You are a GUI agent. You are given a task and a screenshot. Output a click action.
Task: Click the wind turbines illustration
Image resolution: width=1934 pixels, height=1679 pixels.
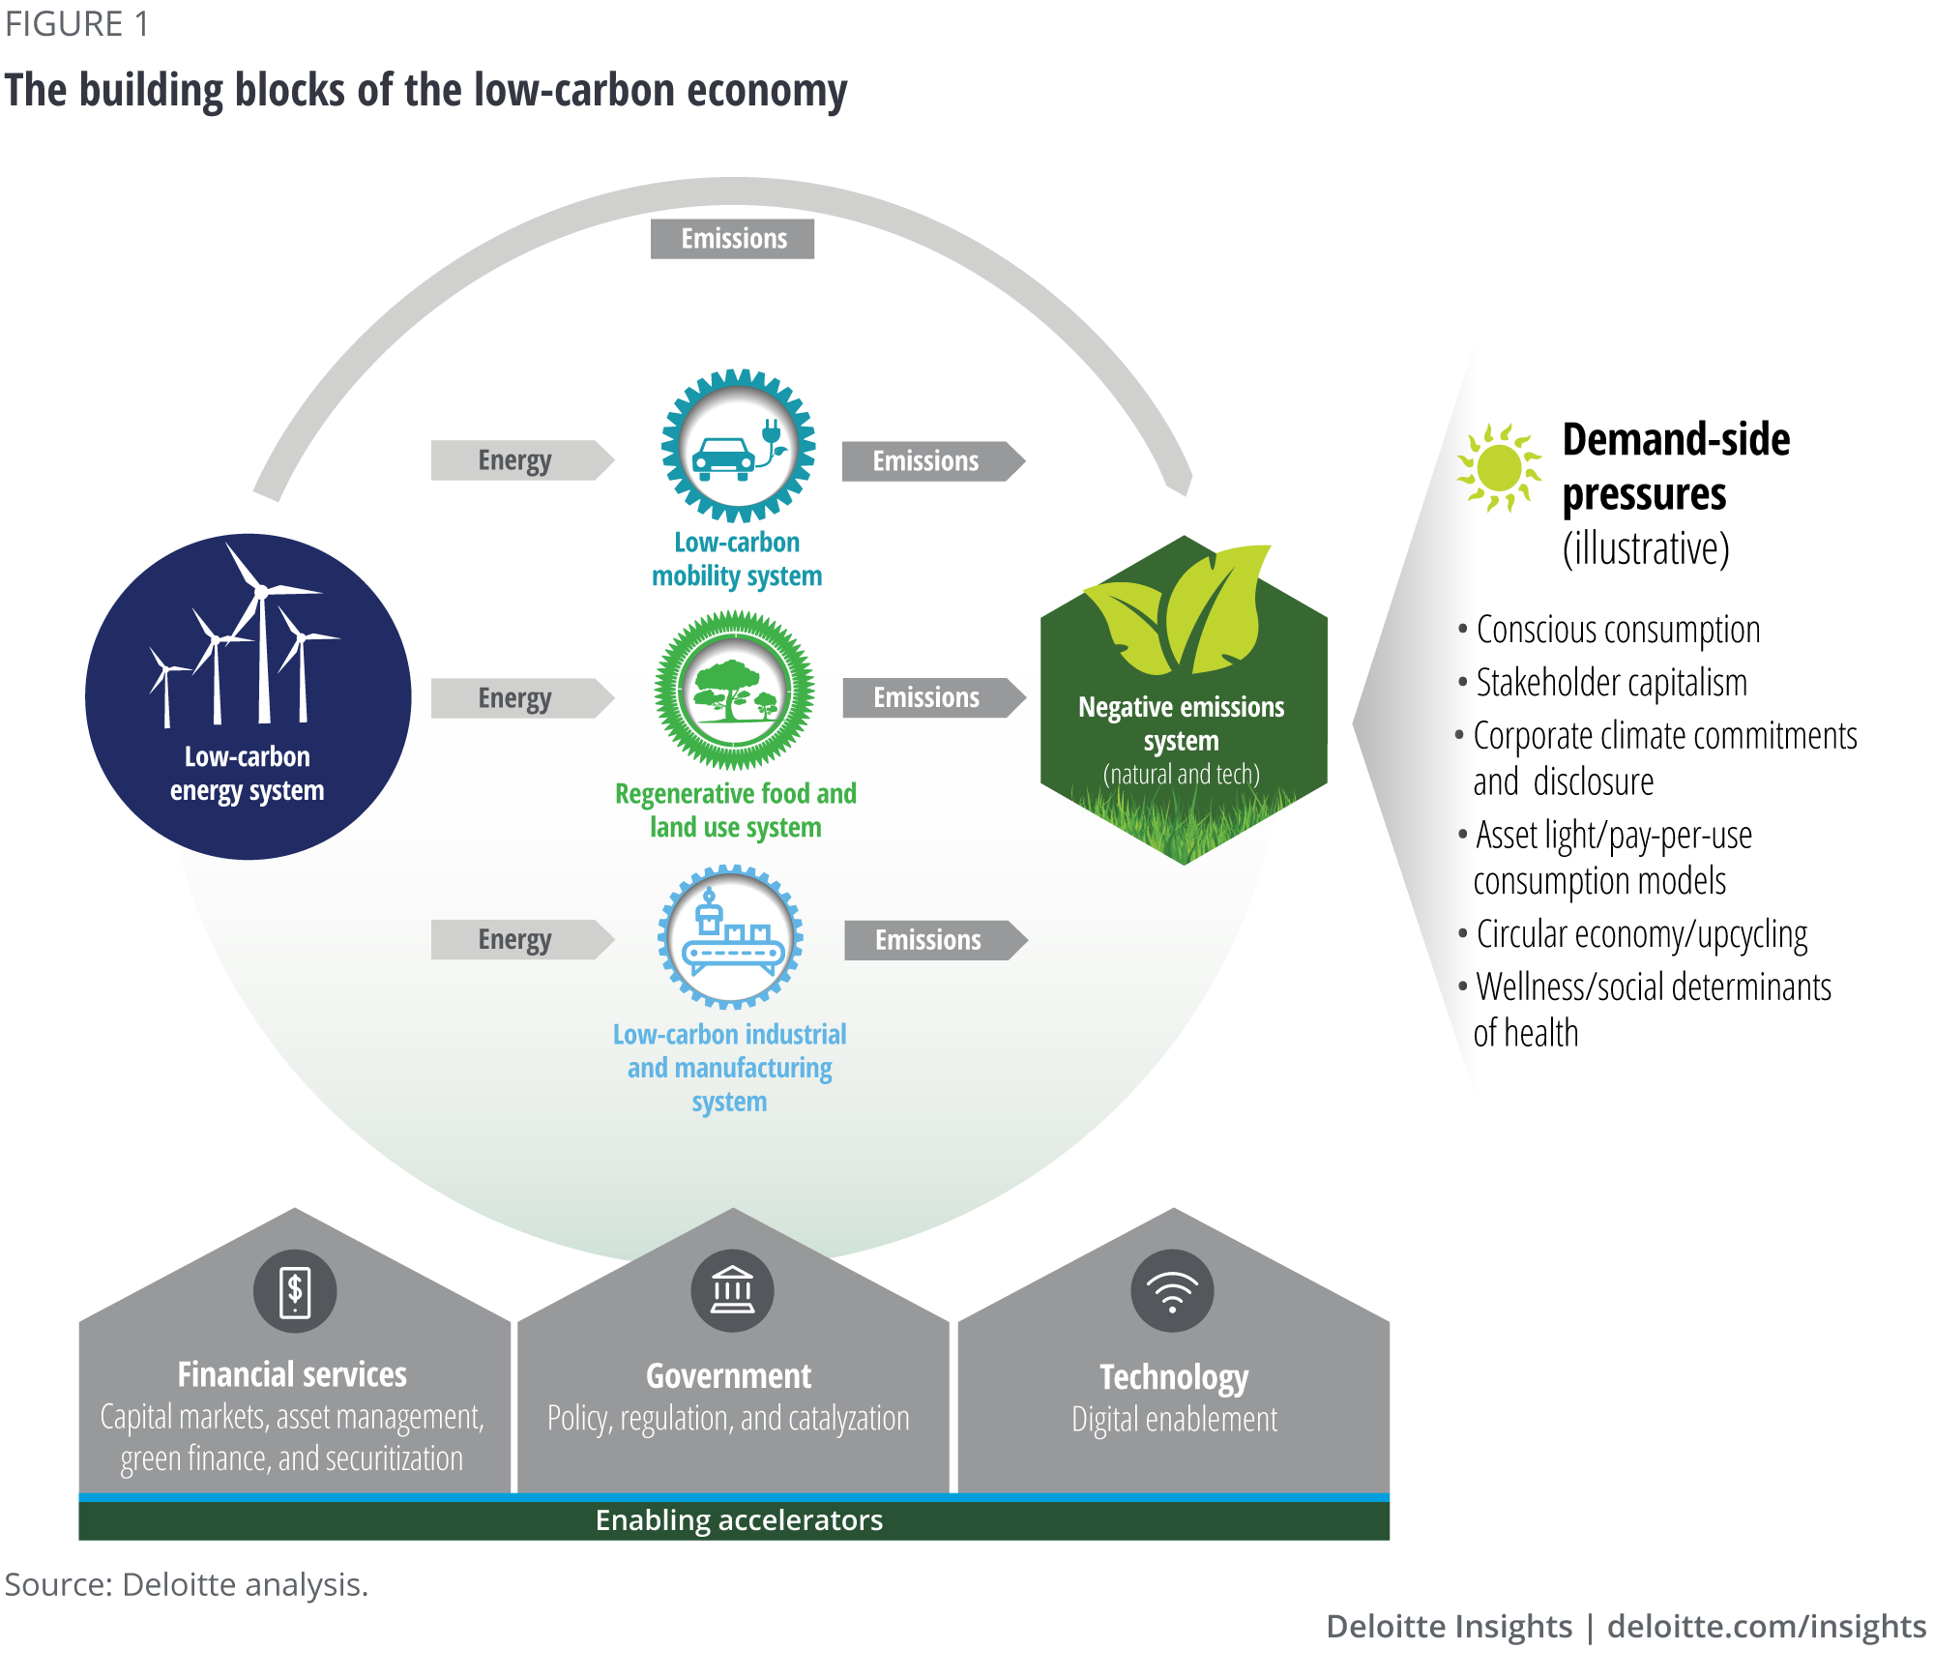244,643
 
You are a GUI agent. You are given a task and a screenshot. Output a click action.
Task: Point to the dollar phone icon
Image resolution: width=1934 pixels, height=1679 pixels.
295,1291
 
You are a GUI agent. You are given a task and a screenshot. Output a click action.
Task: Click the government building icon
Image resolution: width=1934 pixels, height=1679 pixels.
732,1291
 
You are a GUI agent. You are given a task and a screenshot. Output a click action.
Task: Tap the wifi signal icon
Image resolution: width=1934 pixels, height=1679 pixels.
1172,1291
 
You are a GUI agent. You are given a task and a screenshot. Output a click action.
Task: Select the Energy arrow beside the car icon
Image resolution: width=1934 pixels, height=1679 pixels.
527,460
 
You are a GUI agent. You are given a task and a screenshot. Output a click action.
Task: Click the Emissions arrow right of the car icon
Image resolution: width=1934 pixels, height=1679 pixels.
934,462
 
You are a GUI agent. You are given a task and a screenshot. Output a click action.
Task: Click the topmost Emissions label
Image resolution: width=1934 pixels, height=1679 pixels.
734,239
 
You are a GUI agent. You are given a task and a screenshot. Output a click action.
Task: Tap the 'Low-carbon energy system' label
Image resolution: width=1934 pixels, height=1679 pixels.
248,774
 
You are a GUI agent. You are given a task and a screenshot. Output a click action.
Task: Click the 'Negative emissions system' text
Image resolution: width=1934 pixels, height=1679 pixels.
1181,723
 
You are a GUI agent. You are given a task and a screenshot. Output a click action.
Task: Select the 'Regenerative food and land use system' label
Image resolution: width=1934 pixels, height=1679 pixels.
735,810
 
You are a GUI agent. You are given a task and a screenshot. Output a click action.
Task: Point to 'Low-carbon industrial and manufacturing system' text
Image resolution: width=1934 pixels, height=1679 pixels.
730,1068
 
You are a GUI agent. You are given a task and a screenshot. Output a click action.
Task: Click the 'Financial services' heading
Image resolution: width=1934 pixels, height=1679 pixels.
292,1374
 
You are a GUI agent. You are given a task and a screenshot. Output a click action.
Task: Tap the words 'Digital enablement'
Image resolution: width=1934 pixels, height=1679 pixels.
1174,1420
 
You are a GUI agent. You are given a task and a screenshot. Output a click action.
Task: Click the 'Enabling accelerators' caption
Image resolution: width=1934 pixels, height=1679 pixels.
739,1520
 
